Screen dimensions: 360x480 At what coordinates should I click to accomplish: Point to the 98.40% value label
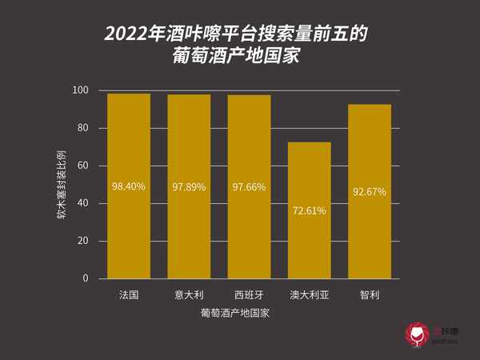pos(129,186)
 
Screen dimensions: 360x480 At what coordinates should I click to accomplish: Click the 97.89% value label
pos(189,187)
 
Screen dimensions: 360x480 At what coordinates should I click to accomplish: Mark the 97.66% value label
pos(249,187)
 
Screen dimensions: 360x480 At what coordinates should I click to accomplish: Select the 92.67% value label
pos(370,192)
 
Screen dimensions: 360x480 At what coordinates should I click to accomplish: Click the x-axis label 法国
pos(129,294)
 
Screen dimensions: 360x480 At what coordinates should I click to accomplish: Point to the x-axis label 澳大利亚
pos(309,294)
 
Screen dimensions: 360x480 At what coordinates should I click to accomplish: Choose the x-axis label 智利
pos(370,294)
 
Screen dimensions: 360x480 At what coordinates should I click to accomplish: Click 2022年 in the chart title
pos(131,34)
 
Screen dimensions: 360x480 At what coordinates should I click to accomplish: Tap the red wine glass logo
pos(415,335)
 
